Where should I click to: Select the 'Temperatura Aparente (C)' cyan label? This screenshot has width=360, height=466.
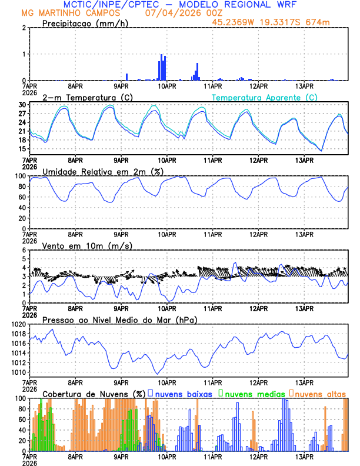pos(265,97)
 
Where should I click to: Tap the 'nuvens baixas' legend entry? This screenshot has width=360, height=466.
pos(184,393)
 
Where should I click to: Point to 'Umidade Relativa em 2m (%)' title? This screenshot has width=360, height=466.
pos(102,171)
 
